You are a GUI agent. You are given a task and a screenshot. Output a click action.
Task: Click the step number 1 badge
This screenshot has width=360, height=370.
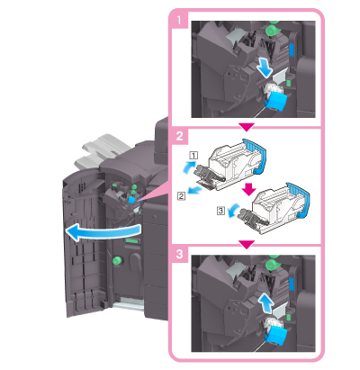[179, 21]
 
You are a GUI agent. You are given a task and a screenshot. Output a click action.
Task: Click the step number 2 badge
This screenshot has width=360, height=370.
[180, 137]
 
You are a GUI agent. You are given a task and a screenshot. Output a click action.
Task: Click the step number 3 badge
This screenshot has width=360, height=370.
[180, 254]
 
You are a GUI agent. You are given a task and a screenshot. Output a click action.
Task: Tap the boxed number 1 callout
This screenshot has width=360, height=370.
[193, 155]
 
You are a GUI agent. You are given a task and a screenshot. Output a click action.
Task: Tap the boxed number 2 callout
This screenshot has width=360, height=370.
[181, 196]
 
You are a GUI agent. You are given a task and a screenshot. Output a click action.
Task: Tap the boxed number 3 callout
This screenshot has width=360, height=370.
[220, 211]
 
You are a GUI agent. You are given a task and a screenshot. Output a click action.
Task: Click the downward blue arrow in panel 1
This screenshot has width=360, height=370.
[265, 68]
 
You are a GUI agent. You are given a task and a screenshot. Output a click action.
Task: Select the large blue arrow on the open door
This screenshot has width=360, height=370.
[102, 232]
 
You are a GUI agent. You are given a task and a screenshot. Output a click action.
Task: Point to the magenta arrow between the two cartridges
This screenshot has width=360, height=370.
[248, 188]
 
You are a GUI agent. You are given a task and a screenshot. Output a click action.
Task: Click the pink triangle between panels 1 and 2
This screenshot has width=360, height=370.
[247, 127]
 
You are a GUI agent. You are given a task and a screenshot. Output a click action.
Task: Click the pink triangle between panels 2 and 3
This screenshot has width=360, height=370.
[247, 245]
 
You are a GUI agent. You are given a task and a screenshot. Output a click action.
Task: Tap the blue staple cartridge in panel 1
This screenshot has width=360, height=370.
[276, 102]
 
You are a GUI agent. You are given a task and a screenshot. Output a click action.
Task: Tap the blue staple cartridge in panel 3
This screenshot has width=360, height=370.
[276, 337]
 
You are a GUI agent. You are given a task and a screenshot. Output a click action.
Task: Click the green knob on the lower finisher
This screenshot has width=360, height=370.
[117, 260]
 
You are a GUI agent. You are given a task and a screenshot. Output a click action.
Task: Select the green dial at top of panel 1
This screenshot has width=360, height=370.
[273, 30]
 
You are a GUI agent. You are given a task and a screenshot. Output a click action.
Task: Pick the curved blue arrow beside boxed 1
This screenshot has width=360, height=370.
[189, 167]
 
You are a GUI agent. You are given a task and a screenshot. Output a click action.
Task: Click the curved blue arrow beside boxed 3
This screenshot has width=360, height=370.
[232, 210]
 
